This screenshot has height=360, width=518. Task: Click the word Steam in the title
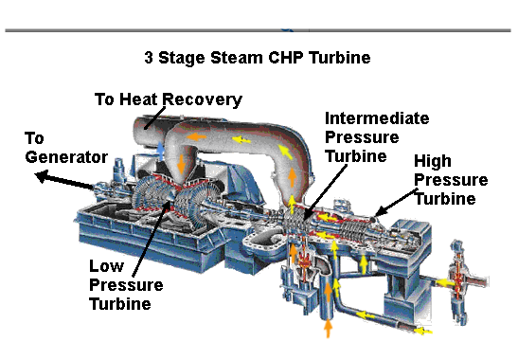coord(228,58)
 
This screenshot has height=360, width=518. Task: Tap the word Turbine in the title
coord(335,58)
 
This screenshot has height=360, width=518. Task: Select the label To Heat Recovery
coord(169,99)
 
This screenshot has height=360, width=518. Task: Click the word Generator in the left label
coord(66,156)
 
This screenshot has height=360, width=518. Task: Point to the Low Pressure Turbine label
coord(125,284)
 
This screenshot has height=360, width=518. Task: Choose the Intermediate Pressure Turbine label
coord(376,136)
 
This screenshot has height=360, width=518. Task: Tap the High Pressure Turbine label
coord(450,180)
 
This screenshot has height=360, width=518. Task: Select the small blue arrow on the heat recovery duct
coord(161,150)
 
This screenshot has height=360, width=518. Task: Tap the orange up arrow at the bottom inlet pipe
coord(329,328)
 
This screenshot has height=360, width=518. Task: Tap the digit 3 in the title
coord(149,58)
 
